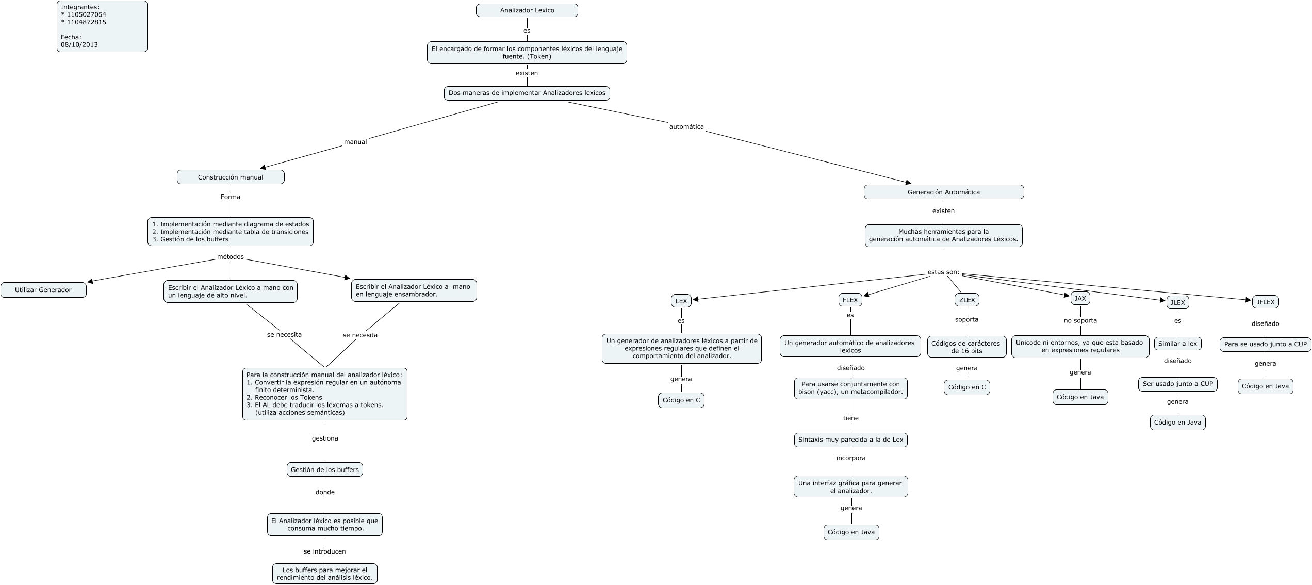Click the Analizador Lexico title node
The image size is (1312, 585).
tap(527, 10)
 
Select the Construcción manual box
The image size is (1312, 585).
tap(231, 177)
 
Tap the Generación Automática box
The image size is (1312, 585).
tap(943, 192)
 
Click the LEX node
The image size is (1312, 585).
tap(681, 300)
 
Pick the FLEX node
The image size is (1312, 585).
tap(850, 300)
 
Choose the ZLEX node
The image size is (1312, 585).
tap(966, 300)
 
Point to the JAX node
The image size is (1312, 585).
tap(1080, 298)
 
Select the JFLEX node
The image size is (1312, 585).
tap(1265, 302)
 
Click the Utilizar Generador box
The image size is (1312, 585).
tap(43, 290)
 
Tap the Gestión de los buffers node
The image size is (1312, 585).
tap(324, 469)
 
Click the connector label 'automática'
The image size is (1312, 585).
tap(686, 127)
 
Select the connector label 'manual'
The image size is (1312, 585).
tap(355, 142)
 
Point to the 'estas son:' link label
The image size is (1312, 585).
tap(943, 272)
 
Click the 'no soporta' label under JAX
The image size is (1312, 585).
tap(1080, 320)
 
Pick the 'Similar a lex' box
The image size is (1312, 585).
tap(1177, 344)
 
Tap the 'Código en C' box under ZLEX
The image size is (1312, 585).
tap(966, 387)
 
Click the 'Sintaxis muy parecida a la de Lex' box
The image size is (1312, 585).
tap(850, 440)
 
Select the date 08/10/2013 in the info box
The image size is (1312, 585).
tap(79, 44)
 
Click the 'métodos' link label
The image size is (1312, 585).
tap(231, 257)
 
